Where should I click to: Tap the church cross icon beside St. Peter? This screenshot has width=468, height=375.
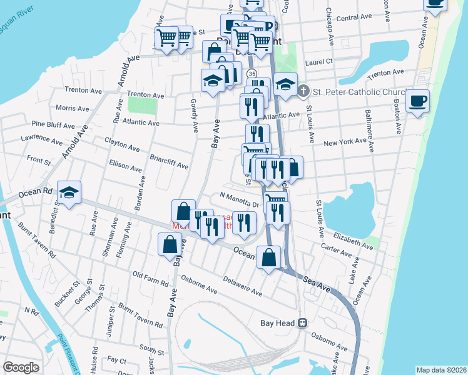click(x=303, y=92)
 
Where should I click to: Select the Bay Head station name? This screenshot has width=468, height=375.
click(x=277, y=323)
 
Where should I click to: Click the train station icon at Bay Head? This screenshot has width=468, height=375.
click(x=302, y=323)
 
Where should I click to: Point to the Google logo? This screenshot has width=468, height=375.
click(x=21, y=367)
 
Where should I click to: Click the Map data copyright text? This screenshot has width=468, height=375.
click(x=441, y=370)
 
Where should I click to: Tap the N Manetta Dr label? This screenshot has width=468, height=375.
click(x=240, y=201)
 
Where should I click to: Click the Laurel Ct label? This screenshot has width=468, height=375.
click(x=319, y=62)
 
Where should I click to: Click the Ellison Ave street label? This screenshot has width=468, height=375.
click(x=125, y=166)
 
